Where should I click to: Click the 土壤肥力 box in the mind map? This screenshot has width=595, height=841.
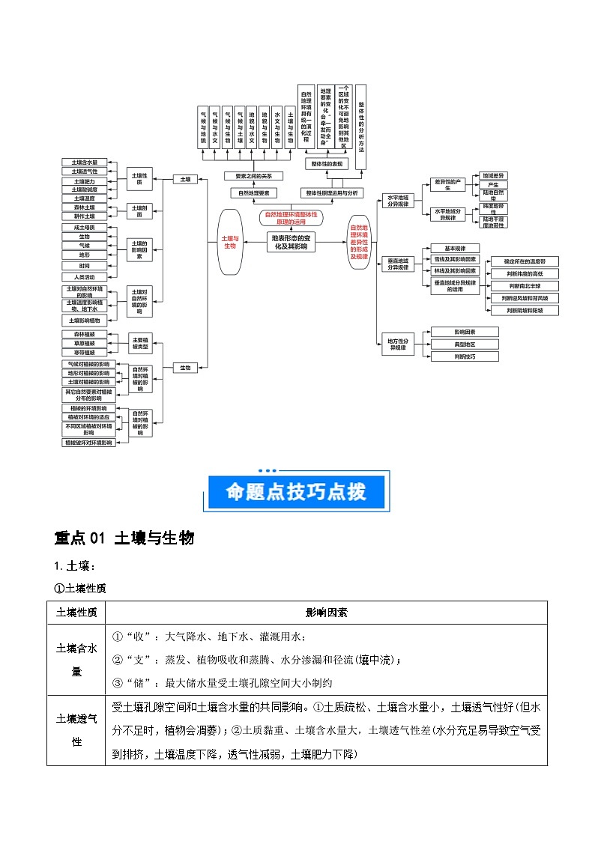click(85, 180)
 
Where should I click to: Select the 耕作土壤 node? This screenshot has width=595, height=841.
click(85, 216)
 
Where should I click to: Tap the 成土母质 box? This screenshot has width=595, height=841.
click(85, 227)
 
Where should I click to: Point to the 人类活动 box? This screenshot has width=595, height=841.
click(85, 276)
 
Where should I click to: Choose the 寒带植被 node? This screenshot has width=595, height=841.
click(85, 352)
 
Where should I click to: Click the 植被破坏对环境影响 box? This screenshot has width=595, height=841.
click(88, 443)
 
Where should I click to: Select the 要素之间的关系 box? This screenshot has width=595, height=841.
click(254, 176)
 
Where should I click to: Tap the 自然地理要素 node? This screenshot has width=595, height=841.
click(254, 192)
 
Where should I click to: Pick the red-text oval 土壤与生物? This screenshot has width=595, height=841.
click(229, 241)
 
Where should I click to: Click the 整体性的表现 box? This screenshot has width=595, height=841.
click(327, 163)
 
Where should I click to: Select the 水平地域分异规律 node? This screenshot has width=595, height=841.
click(396, 201)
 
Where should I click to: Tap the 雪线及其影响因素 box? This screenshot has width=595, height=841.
click(455, 259)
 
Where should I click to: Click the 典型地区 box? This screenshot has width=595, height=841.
click(455, 344)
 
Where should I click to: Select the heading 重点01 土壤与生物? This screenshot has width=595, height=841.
click(124, 538)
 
